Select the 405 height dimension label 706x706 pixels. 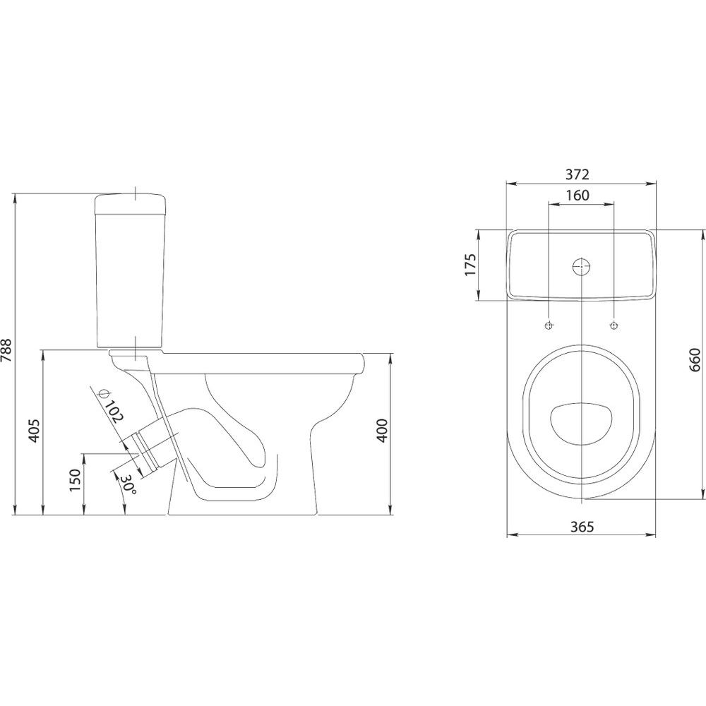[35, 431]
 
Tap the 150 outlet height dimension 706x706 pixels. [76, 480]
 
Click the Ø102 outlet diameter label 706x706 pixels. [111, 405]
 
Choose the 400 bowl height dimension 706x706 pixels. [382, 431]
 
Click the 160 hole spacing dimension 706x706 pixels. [578, 196]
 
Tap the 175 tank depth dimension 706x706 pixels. [469, 265]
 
